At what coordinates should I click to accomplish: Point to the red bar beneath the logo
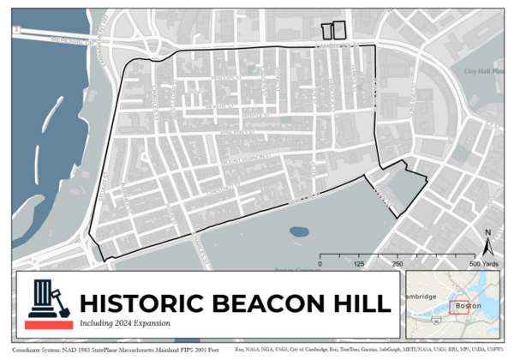[x=48, y=326]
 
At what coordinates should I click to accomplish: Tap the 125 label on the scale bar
[x=359, y=264]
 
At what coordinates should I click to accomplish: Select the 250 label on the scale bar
[x=397, y=264]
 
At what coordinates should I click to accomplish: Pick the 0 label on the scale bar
[x=320, y=264]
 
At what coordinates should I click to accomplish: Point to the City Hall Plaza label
[x=485, y=71]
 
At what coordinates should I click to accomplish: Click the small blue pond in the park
[x=300, y=231]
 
